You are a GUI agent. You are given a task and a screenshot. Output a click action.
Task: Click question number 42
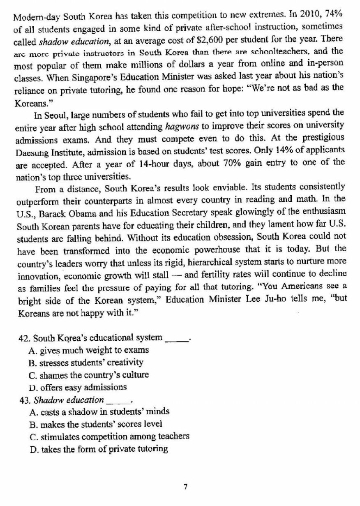[24, 338]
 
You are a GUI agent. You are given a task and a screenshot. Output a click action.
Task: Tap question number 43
[24, 400]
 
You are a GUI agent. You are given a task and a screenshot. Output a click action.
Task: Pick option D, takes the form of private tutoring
[99, 448]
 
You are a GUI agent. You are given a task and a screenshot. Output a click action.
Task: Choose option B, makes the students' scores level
[96, 424]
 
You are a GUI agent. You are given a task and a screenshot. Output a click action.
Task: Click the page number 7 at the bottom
[186, 487]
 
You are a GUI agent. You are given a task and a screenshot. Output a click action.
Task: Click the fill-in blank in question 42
[175, 339]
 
